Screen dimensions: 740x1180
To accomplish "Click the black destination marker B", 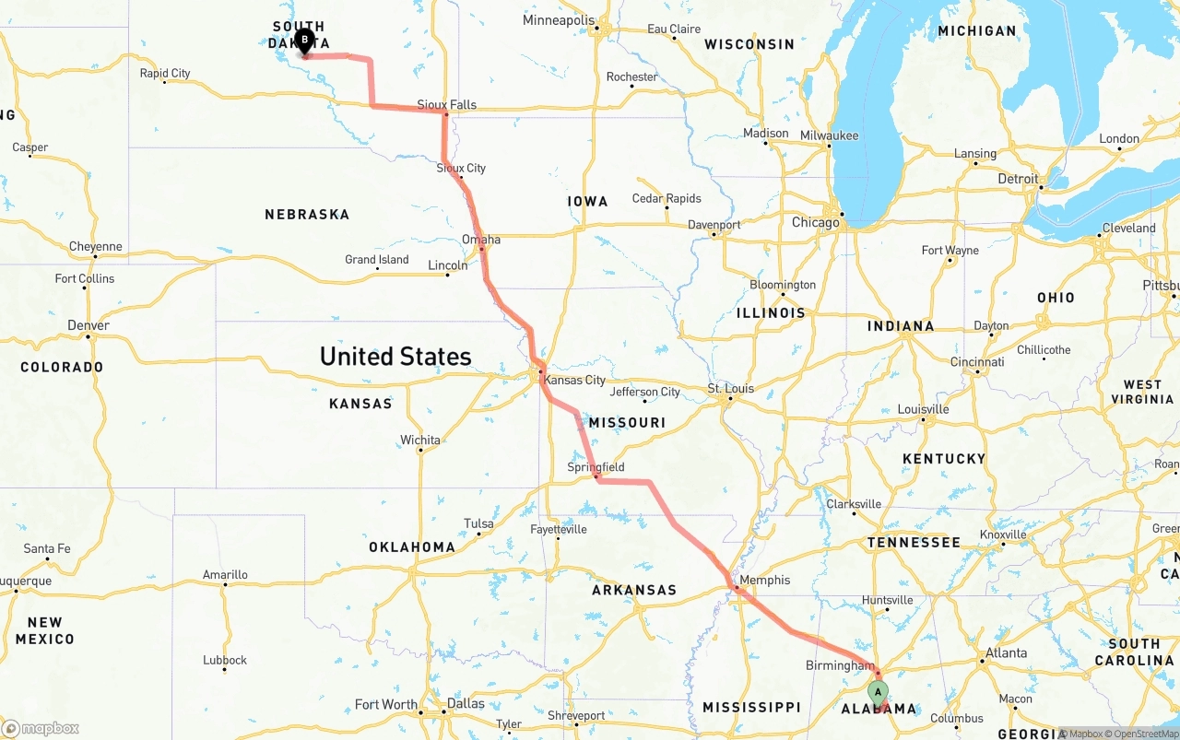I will click(304, 41).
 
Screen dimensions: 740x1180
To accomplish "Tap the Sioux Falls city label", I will click(447, 104).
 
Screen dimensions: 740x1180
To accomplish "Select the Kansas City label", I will click(574, 380).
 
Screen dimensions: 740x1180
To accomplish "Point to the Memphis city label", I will click(765, 580).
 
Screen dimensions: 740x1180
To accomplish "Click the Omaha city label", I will click(481, 240).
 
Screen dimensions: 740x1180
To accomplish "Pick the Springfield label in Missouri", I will click(596, 467).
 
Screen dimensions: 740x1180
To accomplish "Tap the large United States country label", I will click(395, 356).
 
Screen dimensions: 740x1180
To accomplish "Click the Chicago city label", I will click(816, 222).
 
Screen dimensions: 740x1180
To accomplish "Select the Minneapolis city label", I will click(559, 20).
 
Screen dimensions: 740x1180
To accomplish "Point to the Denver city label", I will click(88, 325).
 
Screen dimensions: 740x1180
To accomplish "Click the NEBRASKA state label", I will click(307, 214).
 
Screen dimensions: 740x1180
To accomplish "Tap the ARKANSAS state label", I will click(634, 590).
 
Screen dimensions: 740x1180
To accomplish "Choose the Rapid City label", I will click(165, 73).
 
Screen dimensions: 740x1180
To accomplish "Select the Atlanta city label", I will click(1006, 652).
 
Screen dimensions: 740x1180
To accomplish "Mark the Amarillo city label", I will click(225, 574).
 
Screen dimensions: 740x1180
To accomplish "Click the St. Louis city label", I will click(731, 388).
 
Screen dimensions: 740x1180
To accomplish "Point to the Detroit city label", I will click(1018, 179).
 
